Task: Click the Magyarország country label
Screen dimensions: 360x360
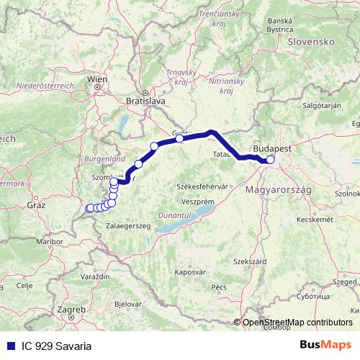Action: point(277,189)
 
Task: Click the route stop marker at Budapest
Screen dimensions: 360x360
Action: point(271,160)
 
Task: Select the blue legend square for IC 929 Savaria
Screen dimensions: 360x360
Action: point(8,346)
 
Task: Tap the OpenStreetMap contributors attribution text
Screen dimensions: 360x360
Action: point(297,323)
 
